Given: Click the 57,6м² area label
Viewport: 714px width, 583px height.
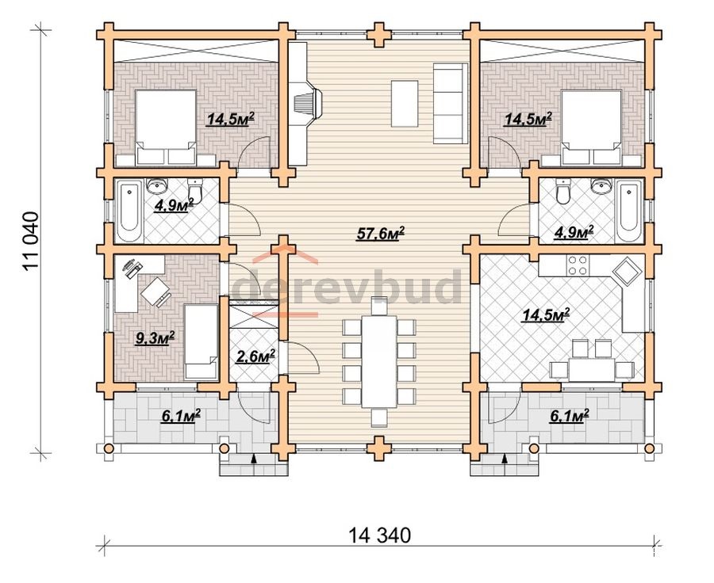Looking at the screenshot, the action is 381,234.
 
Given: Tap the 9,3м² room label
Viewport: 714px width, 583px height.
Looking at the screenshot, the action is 155,338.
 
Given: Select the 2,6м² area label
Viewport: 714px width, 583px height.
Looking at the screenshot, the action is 255,356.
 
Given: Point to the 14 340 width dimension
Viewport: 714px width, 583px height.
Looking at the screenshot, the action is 380,535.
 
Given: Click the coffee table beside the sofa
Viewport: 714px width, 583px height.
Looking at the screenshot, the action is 405,104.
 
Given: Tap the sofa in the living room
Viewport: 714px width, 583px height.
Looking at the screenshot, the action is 451,104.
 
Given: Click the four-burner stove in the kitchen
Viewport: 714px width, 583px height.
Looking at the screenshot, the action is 576,265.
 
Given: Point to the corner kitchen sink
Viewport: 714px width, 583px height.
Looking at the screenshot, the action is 627,272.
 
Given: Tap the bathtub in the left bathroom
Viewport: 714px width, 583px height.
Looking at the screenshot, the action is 129,211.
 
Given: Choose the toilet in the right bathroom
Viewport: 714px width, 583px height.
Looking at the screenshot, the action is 562,192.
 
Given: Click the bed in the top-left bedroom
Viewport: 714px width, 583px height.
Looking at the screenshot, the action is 166,128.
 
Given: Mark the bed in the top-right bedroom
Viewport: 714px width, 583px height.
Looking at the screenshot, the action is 592,128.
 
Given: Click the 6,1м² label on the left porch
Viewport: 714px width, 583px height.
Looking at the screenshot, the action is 181,416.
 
